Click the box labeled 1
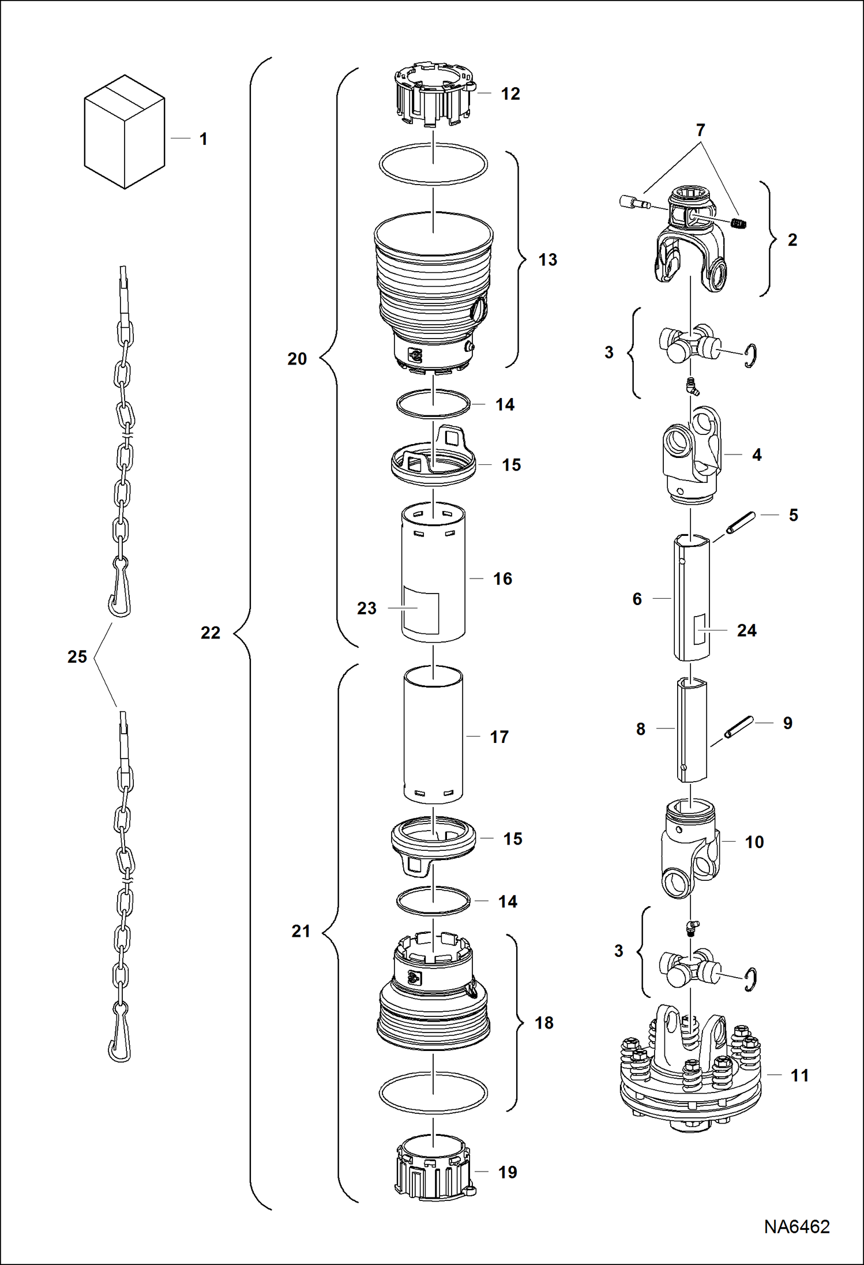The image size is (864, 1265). click(124, 133)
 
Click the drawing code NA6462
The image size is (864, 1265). click(797, 1227)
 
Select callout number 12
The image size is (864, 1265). click(510, 94)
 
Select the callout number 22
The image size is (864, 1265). click(211, 633)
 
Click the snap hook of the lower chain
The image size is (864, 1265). click(119, 1041)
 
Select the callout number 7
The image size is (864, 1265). click(700, 130)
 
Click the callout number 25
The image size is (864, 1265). click(77, 657)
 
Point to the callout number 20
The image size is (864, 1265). click(297, 359)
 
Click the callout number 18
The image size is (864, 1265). click(544, 1023)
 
